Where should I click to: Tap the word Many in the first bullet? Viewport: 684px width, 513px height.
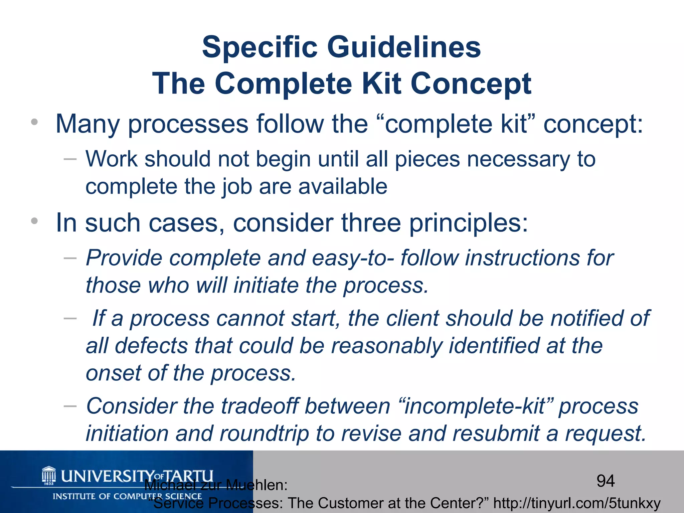click(88, 124)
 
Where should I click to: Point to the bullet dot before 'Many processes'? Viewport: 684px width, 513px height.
click(34, 122)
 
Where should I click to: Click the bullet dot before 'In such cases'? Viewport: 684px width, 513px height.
click(34, 221)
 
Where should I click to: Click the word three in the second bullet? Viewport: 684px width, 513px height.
click(371, 223)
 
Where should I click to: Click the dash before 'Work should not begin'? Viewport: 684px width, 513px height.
click(70, 159)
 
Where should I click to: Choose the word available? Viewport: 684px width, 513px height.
click(343, 186)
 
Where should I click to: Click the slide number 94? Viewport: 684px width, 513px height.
click(606, 481)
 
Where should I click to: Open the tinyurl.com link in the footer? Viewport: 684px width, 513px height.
click(577, 503)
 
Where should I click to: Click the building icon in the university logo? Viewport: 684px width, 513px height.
click(49, 474)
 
